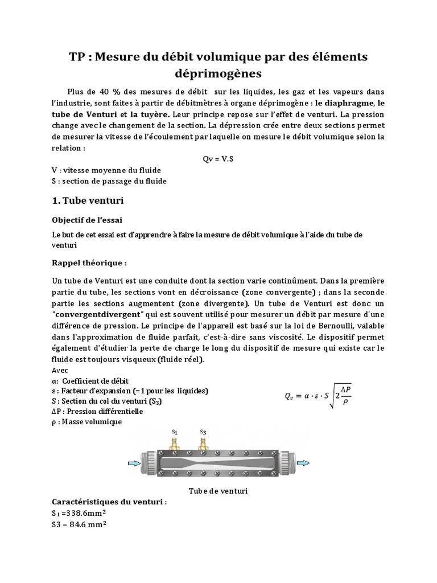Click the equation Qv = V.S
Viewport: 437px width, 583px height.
pyautogui.click(x=218, y=159)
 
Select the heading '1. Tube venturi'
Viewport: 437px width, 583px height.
pyautogui.click(x=88, y=201)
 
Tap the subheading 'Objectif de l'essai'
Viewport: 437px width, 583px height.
pyautogui.click(x=87, y=220)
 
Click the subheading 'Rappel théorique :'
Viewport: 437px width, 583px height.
pyautogui.click(x=89, y=264)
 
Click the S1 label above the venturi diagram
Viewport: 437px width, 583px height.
pyautogui.click(x=174, y=432)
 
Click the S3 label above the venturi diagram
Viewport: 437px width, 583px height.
pyautogui.click(x=203, y=432)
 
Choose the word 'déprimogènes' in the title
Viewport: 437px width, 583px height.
pyautogui.click(x=218, y=73)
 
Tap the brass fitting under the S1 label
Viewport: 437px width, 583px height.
pyautogui.click(x=174, y=443)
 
